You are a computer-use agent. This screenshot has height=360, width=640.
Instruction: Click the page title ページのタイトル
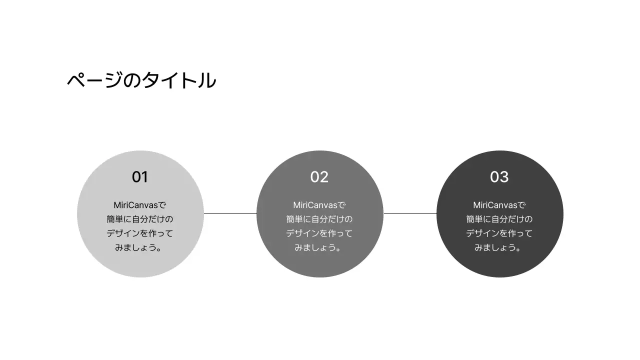141,80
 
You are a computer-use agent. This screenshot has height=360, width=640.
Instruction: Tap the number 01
140,177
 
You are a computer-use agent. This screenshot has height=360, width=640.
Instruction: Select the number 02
319,177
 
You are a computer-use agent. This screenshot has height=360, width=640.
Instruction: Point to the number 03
499,177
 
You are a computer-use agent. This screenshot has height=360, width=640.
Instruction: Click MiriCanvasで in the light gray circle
140,205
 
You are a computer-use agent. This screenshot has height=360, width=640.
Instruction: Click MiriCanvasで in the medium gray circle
319,205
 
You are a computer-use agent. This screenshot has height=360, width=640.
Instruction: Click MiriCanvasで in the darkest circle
499,205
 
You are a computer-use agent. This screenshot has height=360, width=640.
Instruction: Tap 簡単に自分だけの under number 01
140,219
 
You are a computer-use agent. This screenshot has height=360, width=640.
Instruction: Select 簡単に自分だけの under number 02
319,219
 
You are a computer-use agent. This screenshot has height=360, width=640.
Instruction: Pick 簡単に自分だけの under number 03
499,219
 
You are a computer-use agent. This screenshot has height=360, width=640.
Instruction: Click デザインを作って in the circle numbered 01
140,233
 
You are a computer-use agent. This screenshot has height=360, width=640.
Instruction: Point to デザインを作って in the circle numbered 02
319,233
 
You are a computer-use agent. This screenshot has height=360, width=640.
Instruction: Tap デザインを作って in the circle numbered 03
499,233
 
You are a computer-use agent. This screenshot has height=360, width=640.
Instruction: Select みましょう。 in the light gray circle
140,247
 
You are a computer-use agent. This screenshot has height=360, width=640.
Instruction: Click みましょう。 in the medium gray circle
319,247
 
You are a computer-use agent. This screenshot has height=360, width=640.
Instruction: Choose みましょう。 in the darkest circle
499,247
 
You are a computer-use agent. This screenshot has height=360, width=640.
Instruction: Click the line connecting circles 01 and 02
230,213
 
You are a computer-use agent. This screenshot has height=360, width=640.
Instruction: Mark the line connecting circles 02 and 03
410,213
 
